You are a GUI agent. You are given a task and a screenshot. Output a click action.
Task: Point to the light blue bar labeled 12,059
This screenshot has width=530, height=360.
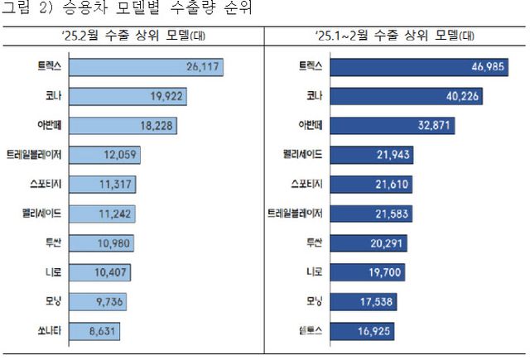108,156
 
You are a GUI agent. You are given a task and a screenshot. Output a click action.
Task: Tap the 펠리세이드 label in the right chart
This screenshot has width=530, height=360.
316,156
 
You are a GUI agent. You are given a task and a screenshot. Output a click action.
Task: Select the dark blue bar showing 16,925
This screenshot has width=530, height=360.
366,332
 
